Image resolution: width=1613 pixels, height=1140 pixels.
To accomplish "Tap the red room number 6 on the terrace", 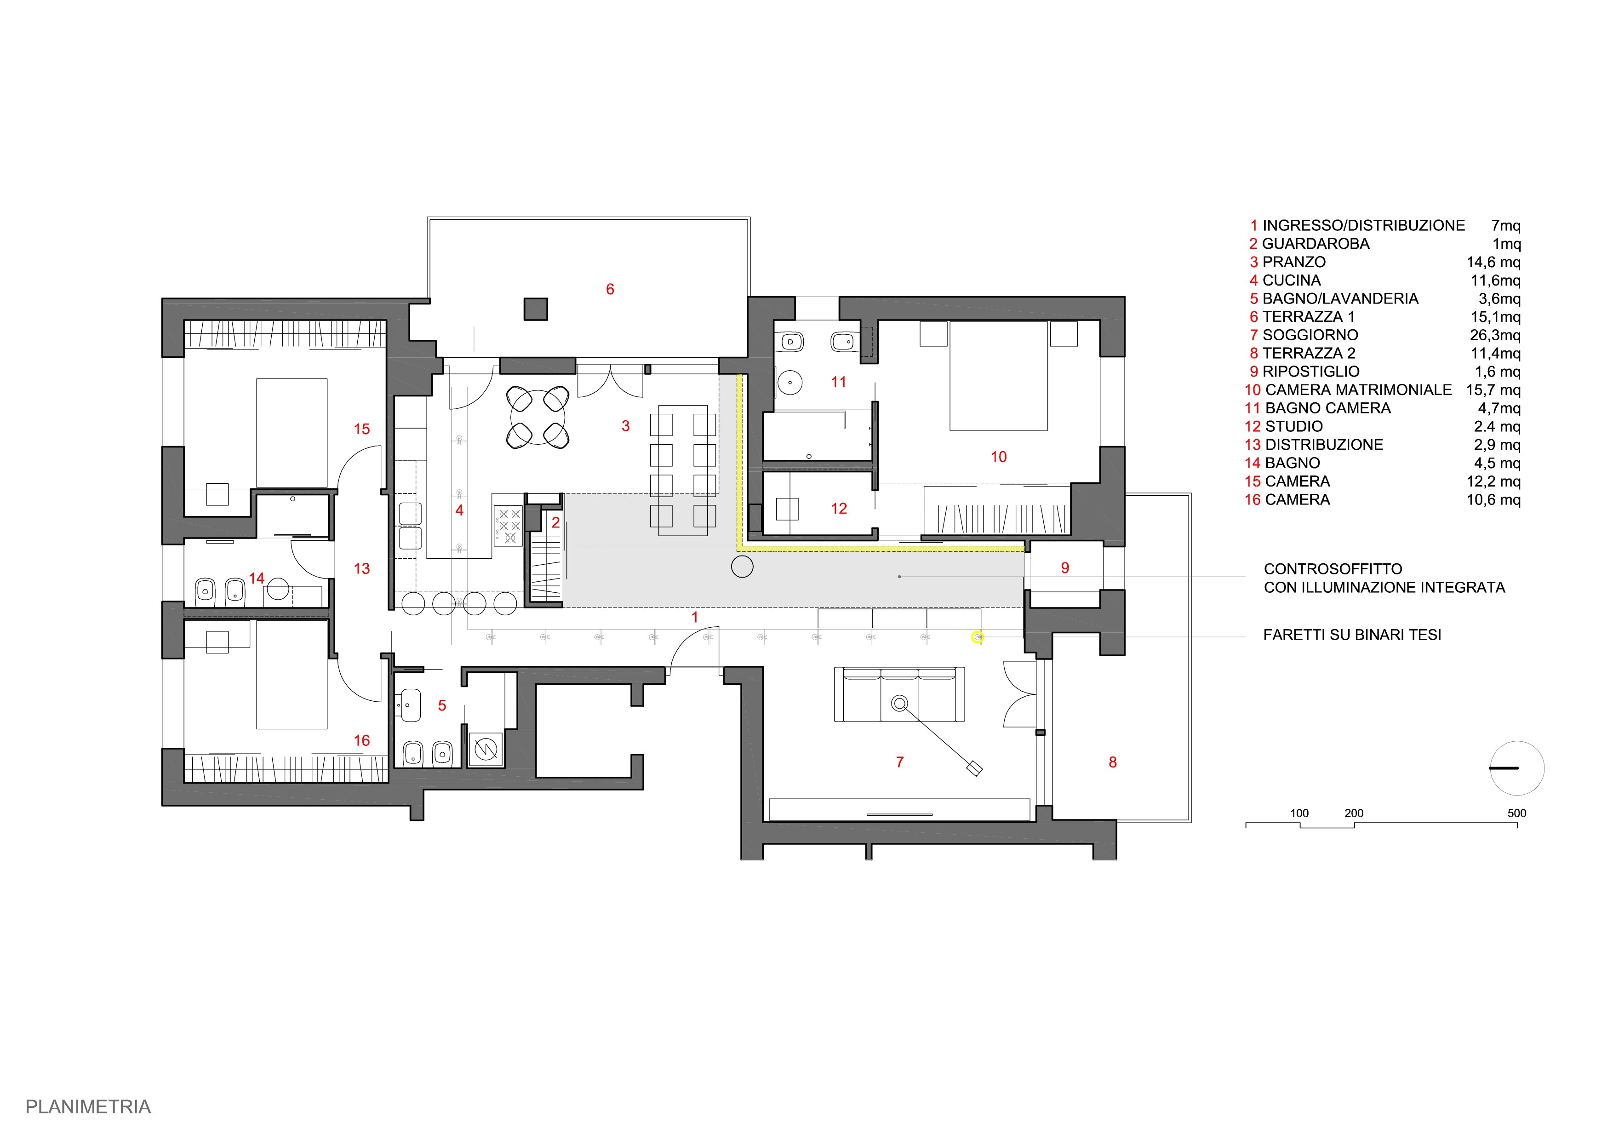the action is pos(610,289).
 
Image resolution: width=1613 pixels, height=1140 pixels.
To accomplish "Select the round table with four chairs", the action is pos(538,417).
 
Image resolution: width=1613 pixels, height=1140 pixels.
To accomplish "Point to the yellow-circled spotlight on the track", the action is pos(977,637).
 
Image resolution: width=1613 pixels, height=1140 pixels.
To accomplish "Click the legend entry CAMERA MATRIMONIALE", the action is pos(1358,390).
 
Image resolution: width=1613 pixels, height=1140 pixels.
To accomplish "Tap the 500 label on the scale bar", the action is pos(1517,813).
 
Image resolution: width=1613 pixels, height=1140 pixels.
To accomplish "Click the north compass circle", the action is pos(1517,768).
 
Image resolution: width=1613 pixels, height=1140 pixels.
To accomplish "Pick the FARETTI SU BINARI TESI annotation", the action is pos(1352,635).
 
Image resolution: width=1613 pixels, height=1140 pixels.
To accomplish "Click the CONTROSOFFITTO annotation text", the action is pos(1333,569).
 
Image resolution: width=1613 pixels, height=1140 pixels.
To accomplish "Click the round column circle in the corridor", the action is pos(743,566).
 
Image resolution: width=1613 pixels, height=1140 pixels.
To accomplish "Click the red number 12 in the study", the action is pos(839,509).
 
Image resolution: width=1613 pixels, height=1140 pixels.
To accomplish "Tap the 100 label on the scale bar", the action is pos(1300,813).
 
